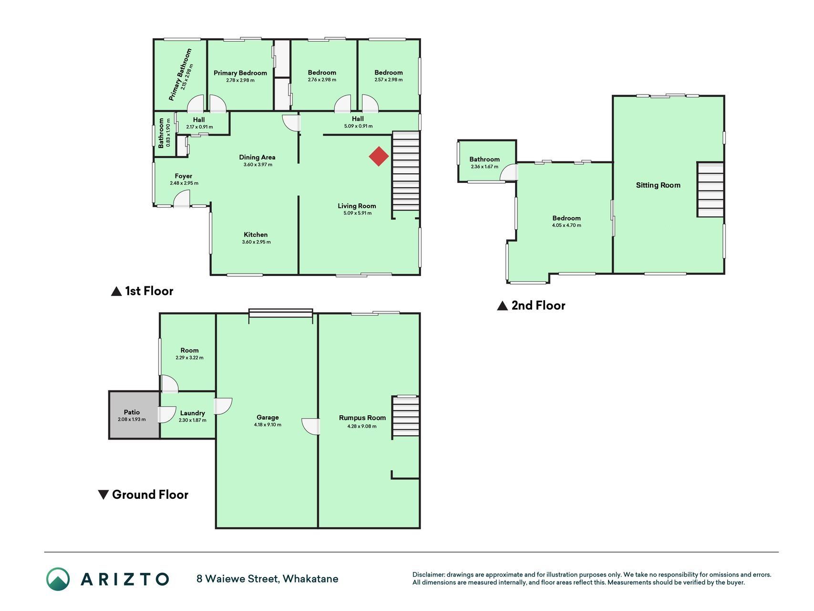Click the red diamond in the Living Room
tap(379, 157)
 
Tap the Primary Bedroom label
tap(240, 73)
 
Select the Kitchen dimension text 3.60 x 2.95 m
tap(256, 242)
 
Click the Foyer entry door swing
tap(182, 199)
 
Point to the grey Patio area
tap(134, 415)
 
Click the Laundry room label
tap(193, 413)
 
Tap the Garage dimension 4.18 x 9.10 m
tap(268, 424)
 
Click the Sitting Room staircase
tap(711, 190)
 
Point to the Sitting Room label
tap(658, 185)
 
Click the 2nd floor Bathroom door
tap(509, 172)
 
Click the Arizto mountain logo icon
tap(58, 579)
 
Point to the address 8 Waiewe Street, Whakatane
tap(268, 579)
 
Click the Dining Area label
tap(257, 157)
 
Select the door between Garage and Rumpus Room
tap(311, 427)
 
